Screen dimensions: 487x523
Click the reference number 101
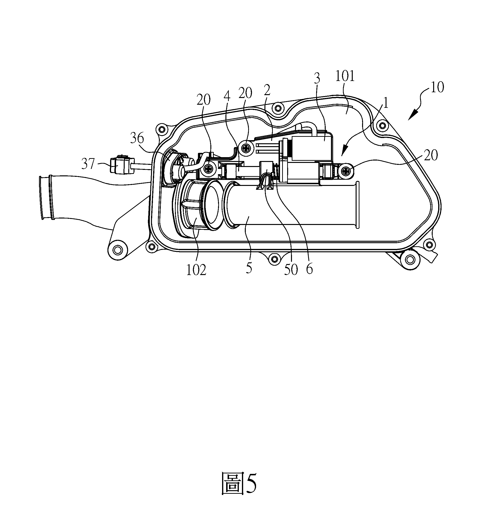(345, 76)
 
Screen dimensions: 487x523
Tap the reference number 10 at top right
(437, 87)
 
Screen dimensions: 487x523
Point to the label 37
(88, 164)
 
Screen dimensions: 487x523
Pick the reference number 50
(291, 270)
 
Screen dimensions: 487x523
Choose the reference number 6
(309, 269)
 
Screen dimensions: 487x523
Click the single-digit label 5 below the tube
(249, 268)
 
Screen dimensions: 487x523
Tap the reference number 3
(317, 78)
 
